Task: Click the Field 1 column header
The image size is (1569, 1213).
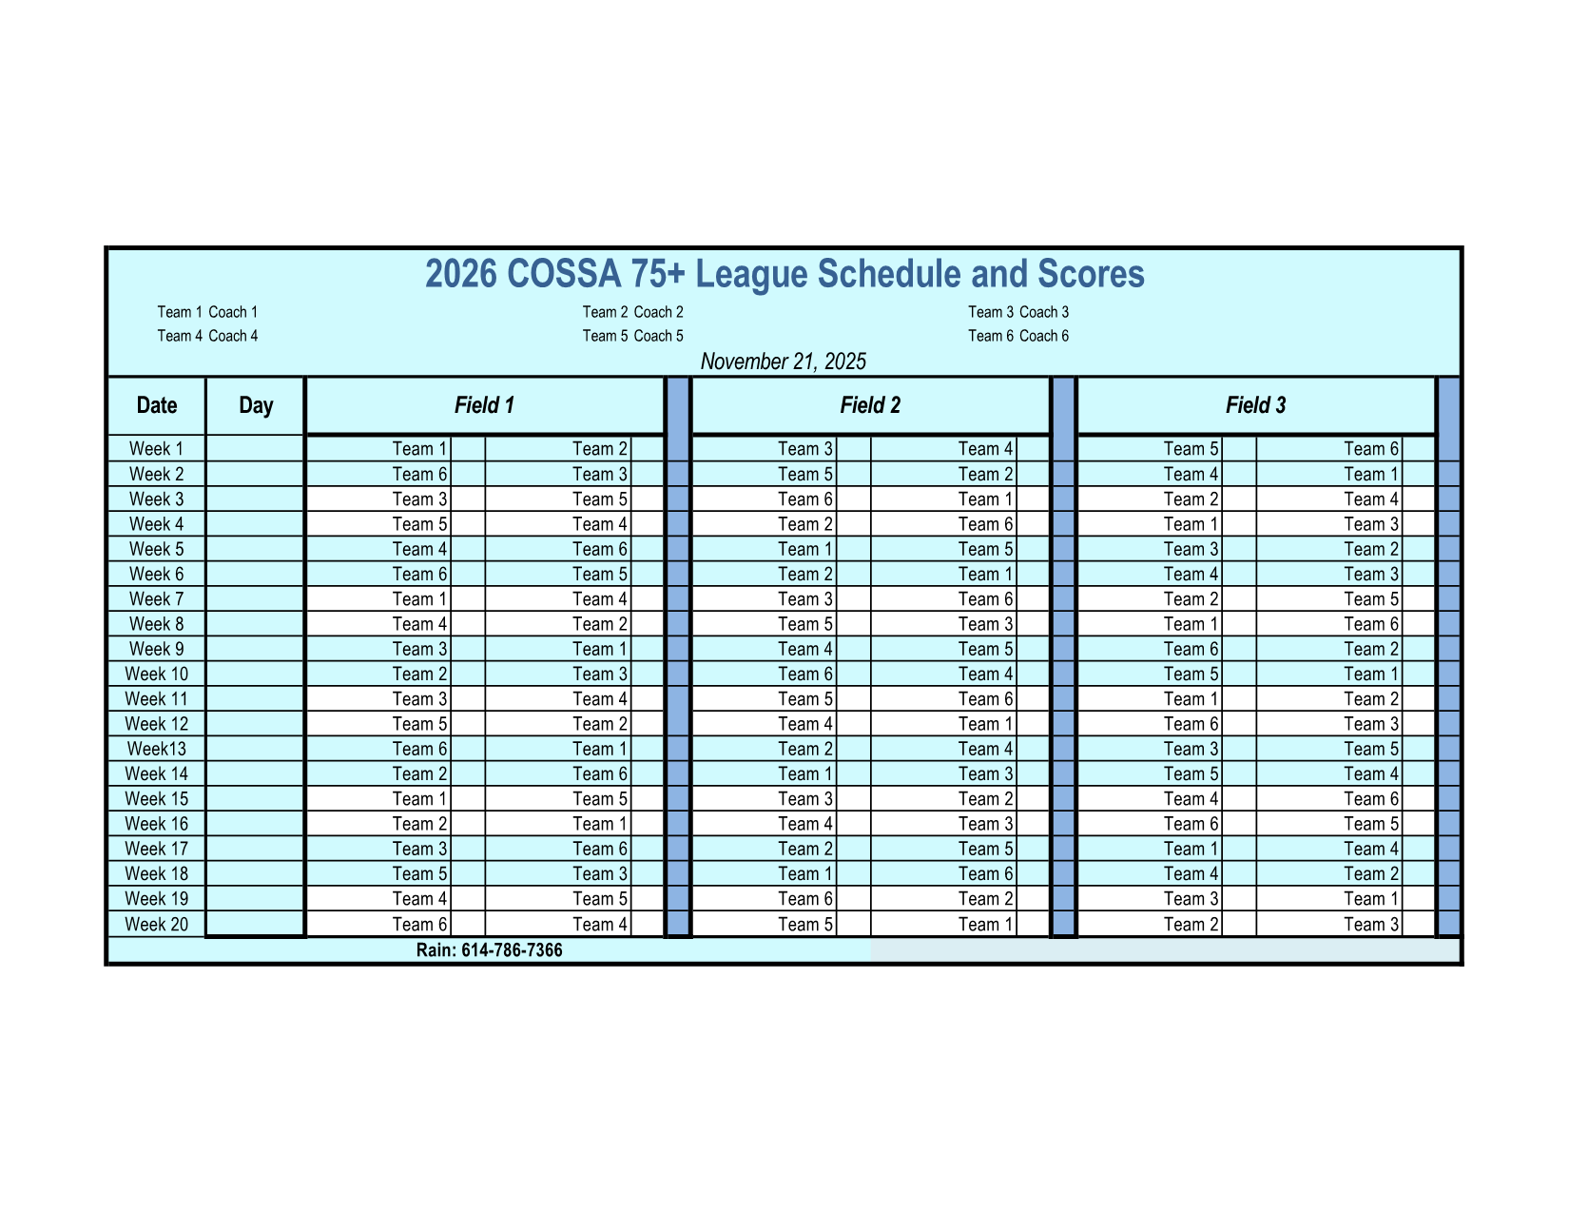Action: (x=484, y=405)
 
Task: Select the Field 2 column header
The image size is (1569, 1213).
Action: (x=870, y=405)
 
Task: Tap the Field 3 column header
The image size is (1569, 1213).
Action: (x=1255, y=405)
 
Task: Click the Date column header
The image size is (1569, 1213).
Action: (x=157, y=405)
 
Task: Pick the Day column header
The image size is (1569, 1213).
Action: (x=256, y=405)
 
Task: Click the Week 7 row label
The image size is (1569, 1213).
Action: (x=157, y=599)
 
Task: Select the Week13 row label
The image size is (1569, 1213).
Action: (x=157, y=749)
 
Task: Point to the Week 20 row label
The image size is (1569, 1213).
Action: (x=157, y=924)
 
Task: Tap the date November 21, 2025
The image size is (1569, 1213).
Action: (x=783, y=362)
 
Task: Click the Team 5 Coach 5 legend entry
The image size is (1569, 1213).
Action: (x=632, y=336)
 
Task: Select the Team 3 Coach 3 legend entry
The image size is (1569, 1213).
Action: (x=1018, y=312)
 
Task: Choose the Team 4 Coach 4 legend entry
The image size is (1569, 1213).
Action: (x=207, y=336)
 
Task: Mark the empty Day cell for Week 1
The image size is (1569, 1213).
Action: (x=255, y=449)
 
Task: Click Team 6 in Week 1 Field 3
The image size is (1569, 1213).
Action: (x=1371, y=449)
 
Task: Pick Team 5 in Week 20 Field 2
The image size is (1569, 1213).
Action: (x=805, y=924)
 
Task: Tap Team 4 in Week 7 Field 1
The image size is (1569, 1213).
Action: (x=600, y=599)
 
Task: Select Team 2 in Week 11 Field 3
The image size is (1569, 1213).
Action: (x=1371, y=699)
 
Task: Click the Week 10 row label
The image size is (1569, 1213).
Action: (x=157, y=674)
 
